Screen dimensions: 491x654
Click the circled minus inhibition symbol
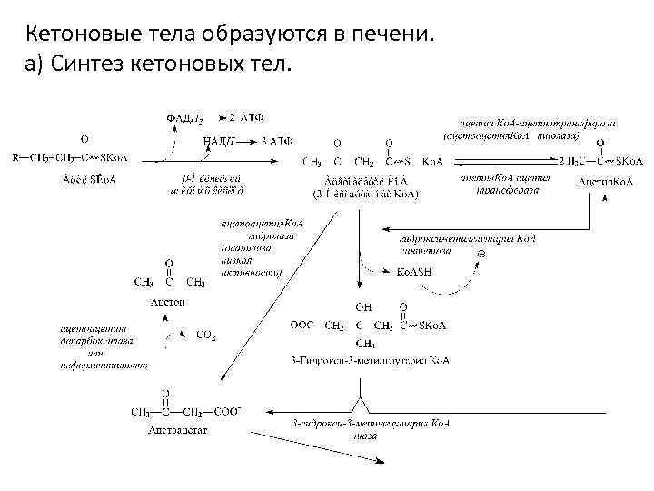click(481, 252)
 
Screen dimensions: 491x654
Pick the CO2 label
click(206, 336)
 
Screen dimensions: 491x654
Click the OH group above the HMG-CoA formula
click(363, 306)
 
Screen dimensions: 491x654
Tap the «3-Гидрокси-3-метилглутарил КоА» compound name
click(370, 361)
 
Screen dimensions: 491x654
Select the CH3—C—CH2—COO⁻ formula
click(185, 412)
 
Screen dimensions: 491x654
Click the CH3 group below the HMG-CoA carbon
click(365, 344)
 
